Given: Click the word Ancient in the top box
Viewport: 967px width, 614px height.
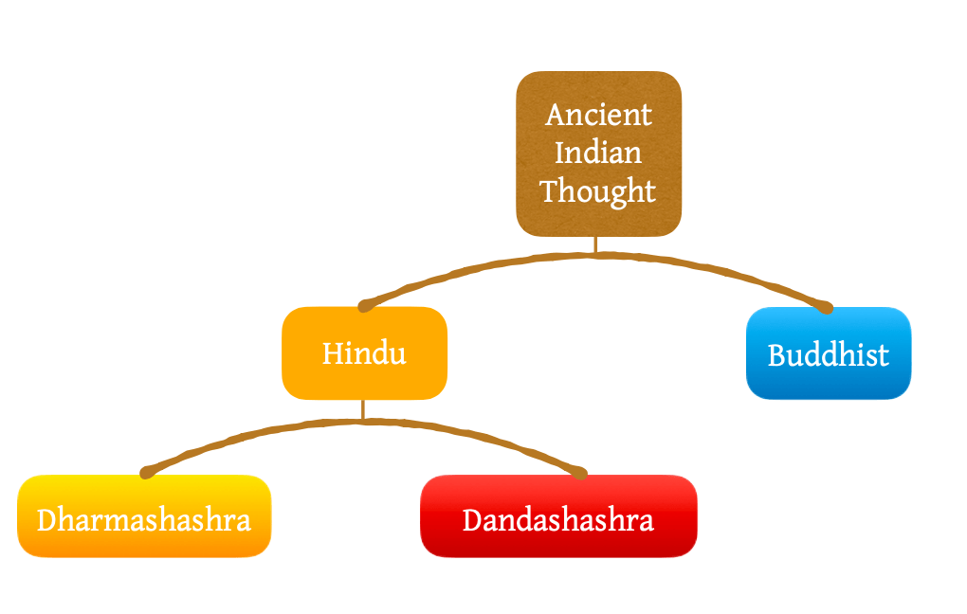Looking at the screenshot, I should (x=598, y=115).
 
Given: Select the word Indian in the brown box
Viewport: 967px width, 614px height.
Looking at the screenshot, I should (x=598, y=153).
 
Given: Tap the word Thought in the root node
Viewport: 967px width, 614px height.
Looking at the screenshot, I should (x=598, y=191).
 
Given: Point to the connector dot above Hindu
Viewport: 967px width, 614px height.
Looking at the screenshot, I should (x=363, y=306).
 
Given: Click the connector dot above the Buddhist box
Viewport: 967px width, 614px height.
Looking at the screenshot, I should (x=827, y=307).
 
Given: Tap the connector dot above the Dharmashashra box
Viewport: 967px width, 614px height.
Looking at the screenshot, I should (x=146, y=472).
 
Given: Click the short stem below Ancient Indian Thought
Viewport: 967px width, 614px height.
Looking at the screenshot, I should (x=595, y=244).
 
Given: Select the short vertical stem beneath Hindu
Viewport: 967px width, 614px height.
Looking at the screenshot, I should (x=363, y=409).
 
